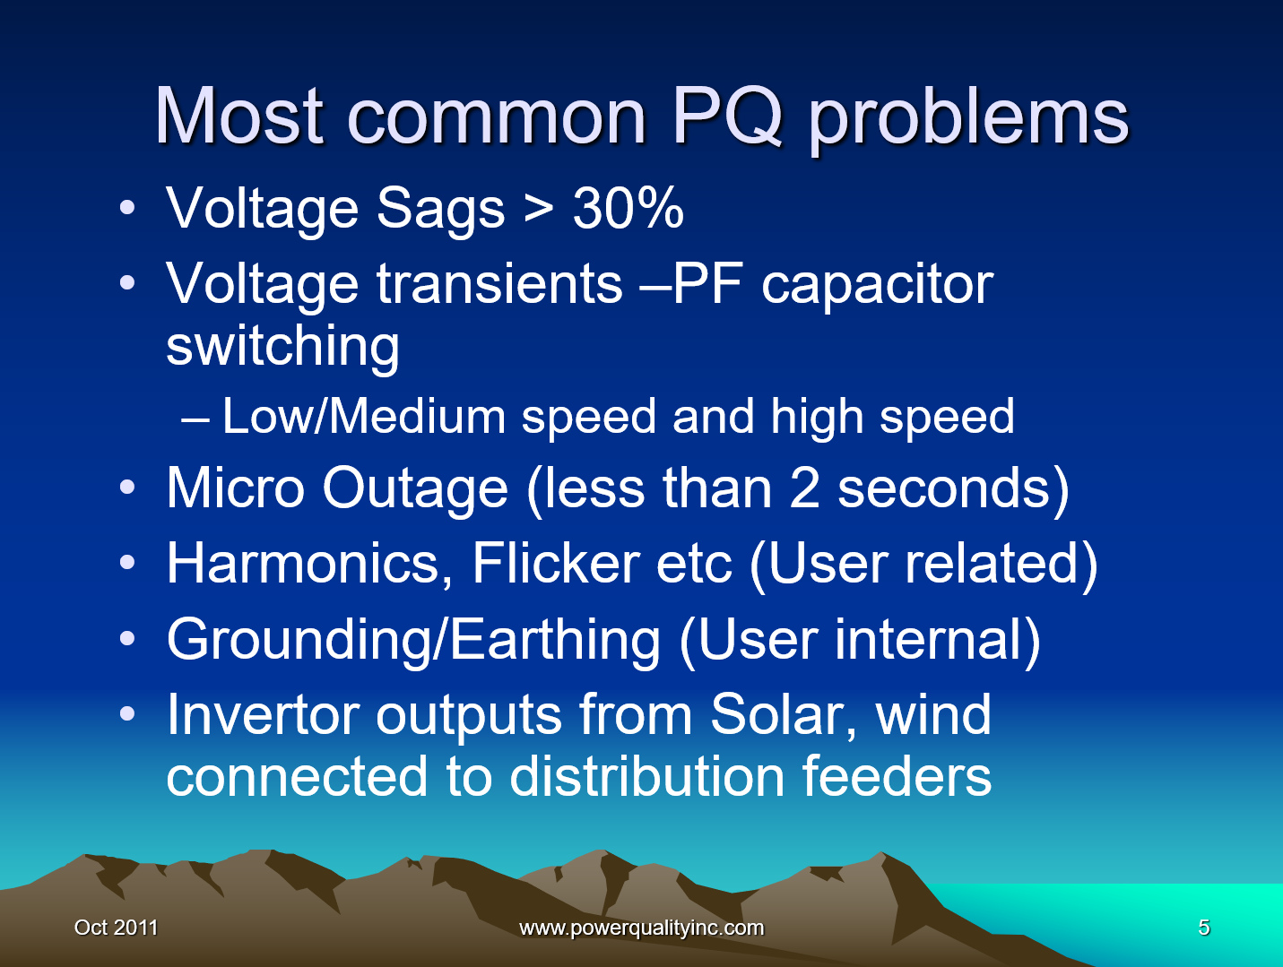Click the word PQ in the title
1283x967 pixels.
[728, 117]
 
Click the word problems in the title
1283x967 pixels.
[968, 118]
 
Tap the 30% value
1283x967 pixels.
[628, 209]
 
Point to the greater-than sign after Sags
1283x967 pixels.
[538, 210]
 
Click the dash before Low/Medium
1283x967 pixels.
[195, 419]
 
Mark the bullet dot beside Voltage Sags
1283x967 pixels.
[128, 209]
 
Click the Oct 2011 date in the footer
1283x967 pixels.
[116, 928]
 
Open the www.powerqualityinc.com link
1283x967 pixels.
[641, 928]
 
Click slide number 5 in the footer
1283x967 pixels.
[1204, 928]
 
